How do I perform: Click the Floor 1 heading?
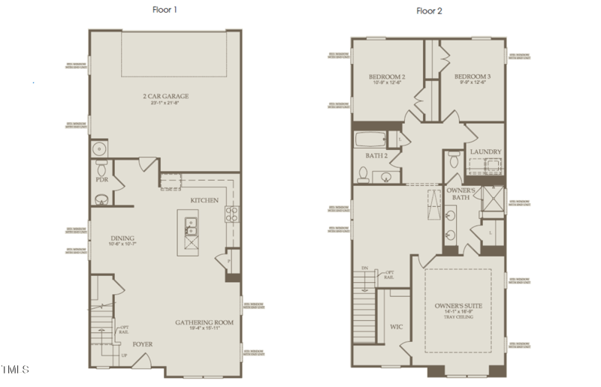click(165, 10)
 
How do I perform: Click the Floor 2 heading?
click(430, 10)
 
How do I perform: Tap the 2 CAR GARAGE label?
click(165, 96)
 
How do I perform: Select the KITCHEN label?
click(204, 200)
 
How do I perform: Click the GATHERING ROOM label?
click(205, 322)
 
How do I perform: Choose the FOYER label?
click(143, 344)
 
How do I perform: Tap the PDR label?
click(102, 180)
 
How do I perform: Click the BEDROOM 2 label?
click(387, 77)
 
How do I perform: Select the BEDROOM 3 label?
click(473, 77)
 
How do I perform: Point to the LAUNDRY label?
click(485, 152)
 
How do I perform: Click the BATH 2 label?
click(376, 156)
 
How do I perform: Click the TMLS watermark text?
click(16, 369)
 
